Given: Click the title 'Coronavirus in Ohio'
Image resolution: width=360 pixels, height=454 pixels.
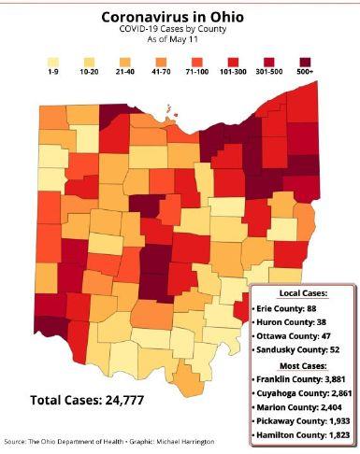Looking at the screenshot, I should (180, 16).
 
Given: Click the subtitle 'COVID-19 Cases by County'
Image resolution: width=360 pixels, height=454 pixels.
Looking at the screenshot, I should (180, 32).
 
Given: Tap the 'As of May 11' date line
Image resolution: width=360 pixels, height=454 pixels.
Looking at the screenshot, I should (180, 43).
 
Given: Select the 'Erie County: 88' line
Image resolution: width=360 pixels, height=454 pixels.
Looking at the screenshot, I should (294, 308).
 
